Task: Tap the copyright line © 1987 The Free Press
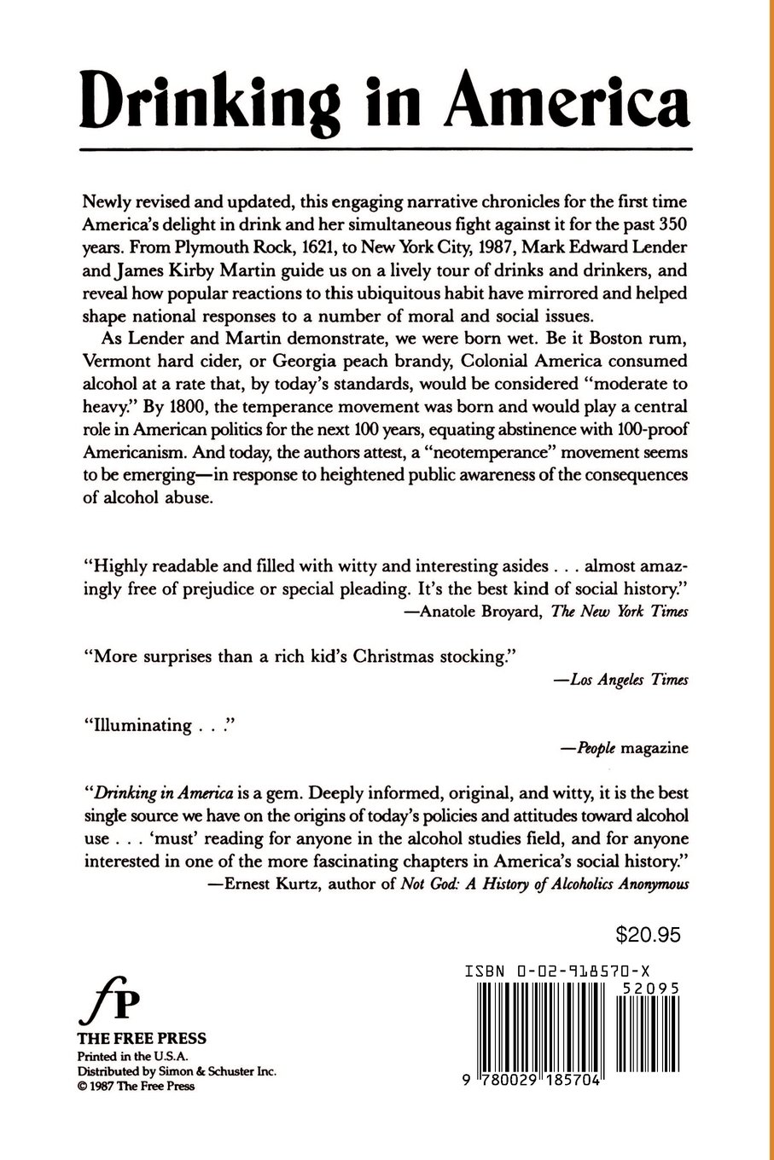136,1086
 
